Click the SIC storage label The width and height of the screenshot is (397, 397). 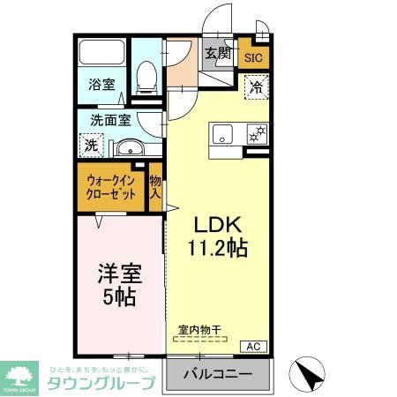point(253,58)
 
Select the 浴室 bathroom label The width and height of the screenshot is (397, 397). point(101,86)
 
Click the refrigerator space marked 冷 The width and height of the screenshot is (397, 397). point(254,88)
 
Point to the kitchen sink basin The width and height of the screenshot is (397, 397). point(221,134)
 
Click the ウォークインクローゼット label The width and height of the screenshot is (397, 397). point(111,188)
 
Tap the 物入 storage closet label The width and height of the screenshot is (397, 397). point(155,187)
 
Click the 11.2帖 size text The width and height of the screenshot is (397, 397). point(215,248)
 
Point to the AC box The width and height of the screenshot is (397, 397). point(251,345)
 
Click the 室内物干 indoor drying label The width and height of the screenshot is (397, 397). point(199,330)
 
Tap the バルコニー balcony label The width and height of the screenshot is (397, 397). point(217,374)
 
